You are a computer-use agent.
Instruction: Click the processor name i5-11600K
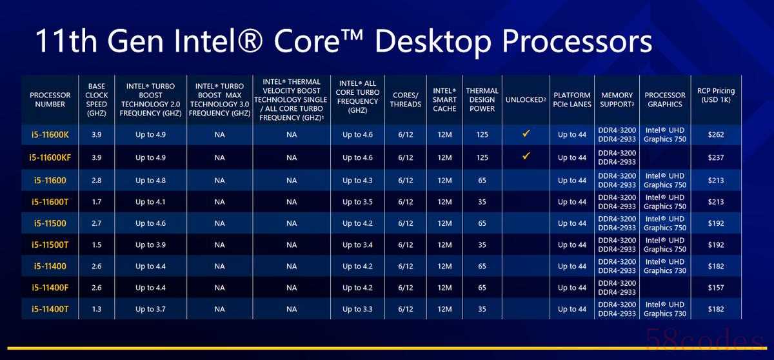(50, 135)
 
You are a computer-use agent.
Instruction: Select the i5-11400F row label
(50, 288)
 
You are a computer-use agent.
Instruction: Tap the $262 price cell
(715, 135)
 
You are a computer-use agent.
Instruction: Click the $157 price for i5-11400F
(715, 288)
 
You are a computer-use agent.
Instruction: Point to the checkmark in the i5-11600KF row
(526, 156)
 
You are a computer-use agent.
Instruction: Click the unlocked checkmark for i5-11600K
(526, 134)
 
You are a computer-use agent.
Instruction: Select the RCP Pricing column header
(715, 95)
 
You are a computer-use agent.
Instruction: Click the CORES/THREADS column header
(406, 99)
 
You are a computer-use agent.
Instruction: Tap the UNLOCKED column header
(526, 100)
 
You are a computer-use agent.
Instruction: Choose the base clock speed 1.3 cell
(96, 309)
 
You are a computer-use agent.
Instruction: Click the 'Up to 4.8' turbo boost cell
(150, 181)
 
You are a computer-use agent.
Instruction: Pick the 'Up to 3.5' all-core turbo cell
(357, 202)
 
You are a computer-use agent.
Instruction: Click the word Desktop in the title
(433, 42)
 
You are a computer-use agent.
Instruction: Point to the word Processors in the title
(577, 42)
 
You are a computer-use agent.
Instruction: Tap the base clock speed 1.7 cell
(96, 202)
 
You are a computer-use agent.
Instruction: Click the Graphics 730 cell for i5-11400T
(665, 309)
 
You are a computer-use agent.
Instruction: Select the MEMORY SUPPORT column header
(617, 99)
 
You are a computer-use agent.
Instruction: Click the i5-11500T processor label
(50, 245)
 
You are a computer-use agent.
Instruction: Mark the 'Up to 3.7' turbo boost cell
(150, 309)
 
